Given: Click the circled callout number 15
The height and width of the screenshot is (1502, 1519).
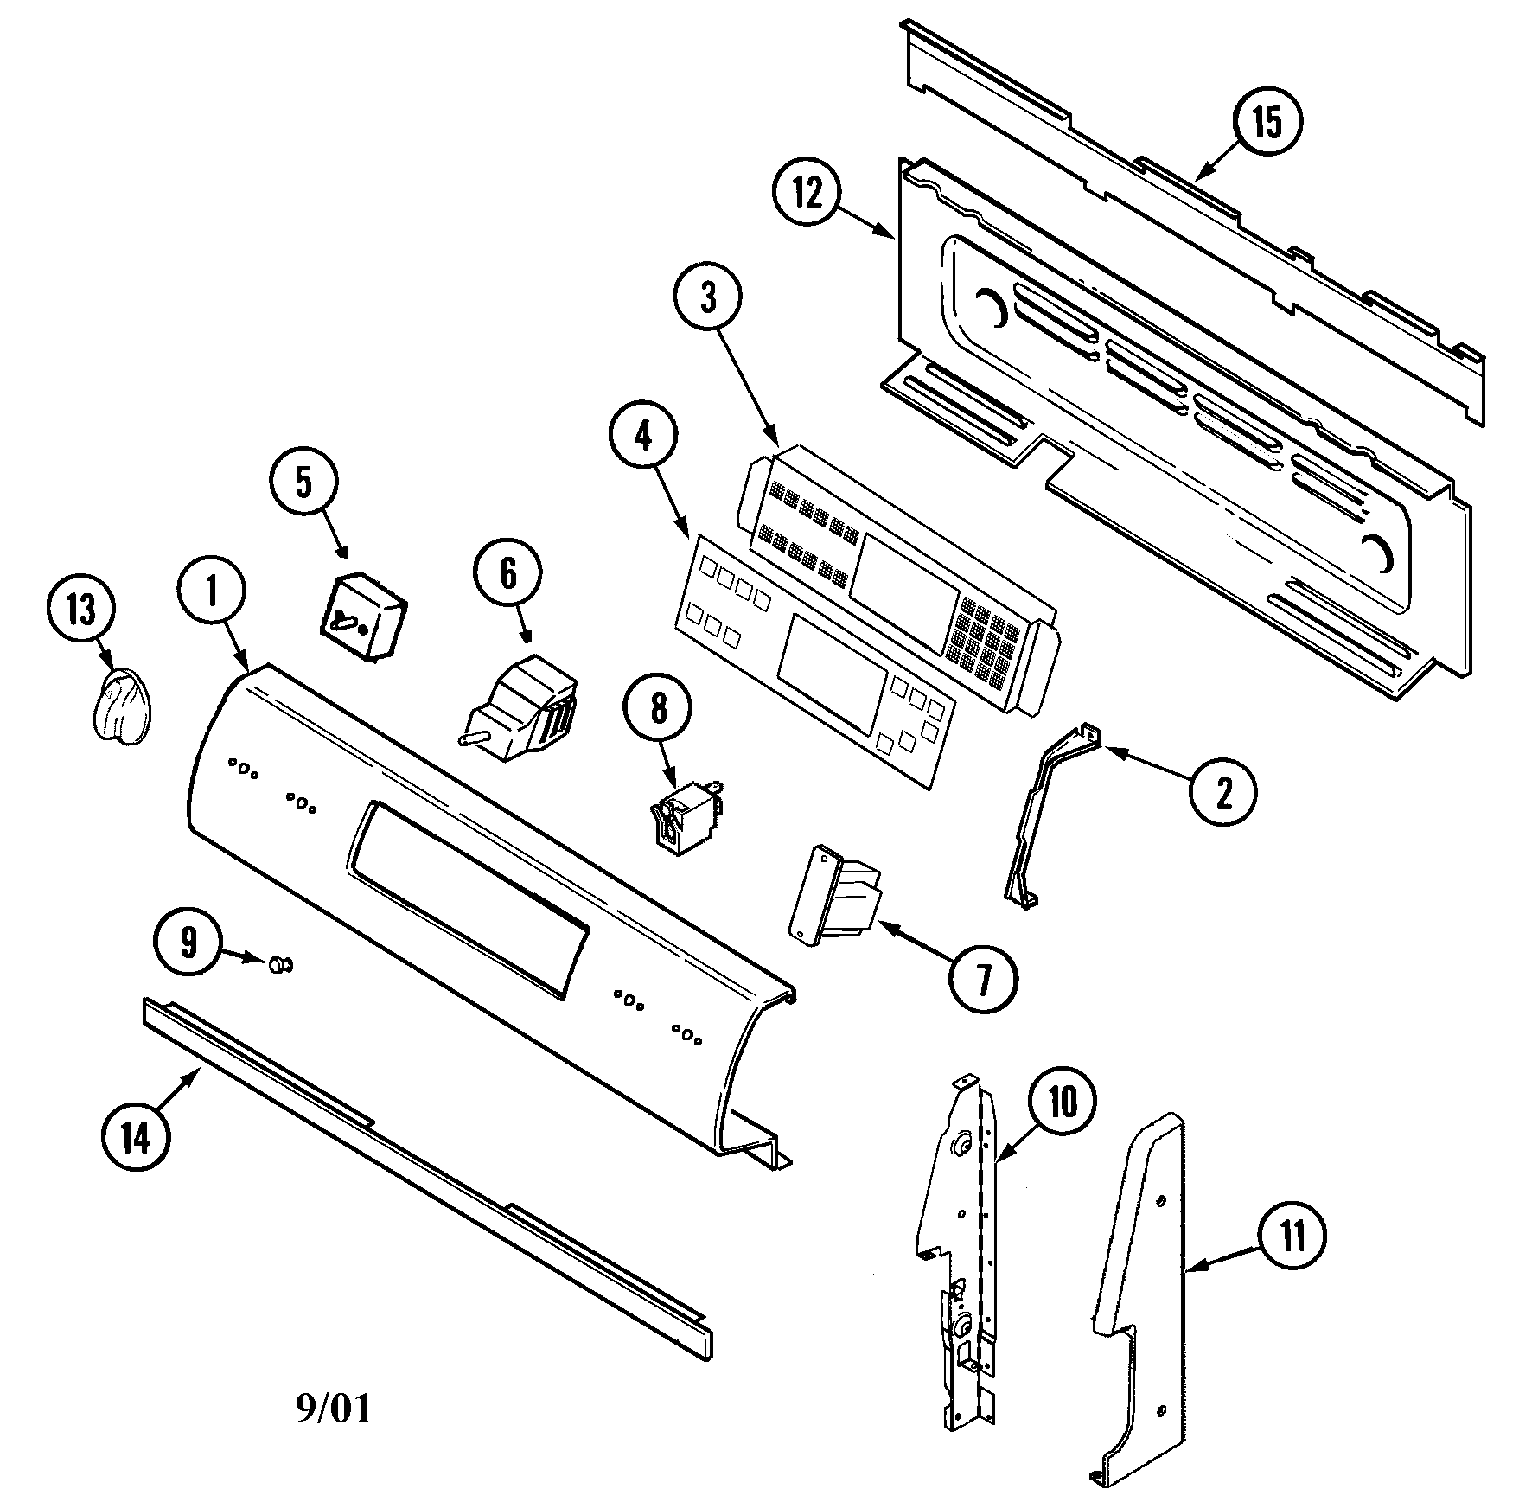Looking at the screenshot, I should (x=1267, y=124).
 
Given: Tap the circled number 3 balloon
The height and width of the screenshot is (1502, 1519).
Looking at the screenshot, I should (x=708, y=298).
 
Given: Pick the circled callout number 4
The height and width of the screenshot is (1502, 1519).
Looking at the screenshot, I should (x=642, y=438).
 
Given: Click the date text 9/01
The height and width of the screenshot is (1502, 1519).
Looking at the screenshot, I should (x=334, y=1409).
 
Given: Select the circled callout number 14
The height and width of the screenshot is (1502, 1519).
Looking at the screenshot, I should (x=136, y=1139).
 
